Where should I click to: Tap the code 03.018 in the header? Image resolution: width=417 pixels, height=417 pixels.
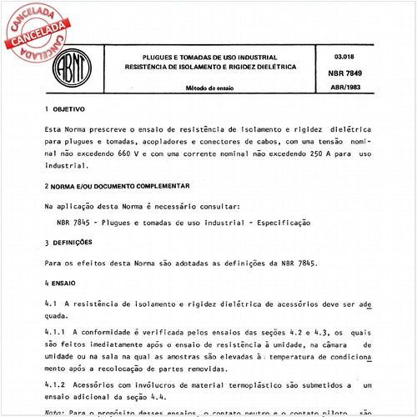coord(344,55)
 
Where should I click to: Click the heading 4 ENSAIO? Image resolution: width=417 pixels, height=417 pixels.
coord(63,284)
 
